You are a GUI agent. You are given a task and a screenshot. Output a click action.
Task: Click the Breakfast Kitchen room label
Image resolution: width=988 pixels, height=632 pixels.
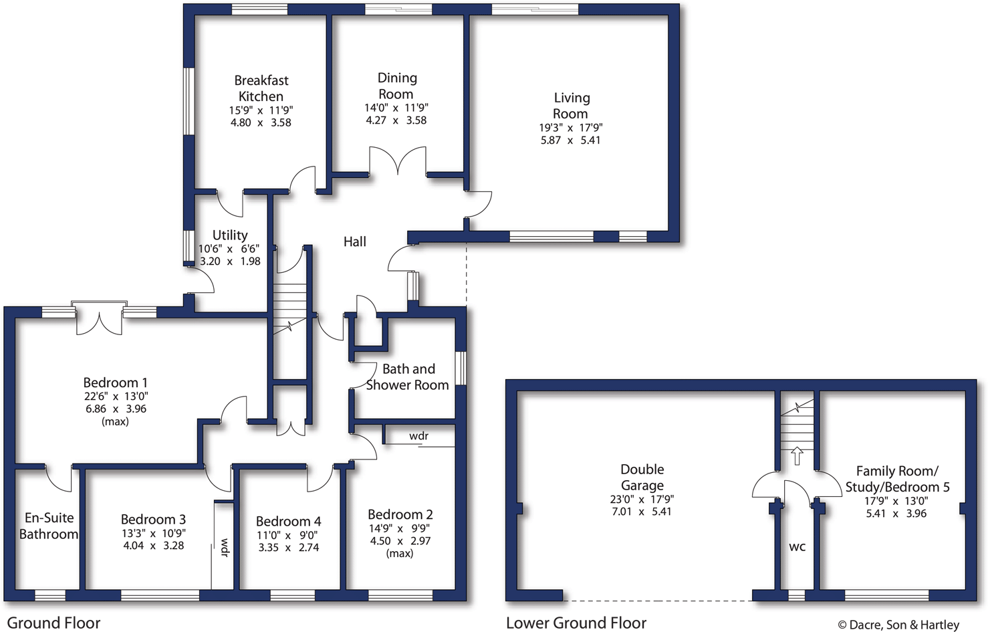[261, 88]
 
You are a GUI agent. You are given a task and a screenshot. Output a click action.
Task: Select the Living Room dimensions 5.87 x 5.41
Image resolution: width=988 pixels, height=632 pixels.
[570, 140]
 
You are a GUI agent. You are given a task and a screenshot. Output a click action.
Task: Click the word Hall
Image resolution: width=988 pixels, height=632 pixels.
[355, 241]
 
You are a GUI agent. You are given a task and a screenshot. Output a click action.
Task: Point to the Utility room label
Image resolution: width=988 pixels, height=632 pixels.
[230, 235]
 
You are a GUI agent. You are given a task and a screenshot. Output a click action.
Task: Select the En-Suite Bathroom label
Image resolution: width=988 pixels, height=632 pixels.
[49, 526]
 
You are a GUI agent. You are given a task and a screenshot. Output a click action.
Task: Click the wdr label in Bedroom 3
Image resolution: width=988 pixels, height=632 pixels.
[225, 547]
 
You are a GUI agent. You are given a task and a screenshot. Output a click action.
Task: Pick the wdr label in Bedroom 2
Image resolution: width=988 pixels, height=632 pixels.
[419, 436]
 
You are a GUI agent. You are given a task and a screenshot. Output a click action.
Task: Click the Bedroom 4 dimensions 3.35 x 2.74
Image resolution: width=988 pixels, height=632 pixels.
[288, 548]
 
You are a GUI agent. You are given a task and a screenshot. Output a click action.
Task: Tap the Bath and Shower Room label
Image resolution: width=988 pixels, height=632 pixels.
[408, 377]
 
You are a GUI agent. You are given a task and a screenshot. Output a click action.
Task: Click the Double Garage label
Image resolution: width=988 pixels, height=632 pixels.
[642, 477]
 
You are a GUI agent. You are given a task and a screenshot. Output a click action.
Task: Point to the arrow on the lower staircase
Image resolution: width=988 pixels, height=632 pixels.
[797, 456]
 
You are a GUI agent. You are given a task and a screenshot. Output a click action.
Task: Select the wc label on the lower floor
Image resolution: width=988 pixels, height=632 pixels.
[797, 546]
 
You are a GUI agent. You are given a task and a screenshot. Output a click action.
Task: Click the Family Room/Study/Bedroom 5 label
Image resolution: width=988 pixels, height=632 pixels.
[897, 479]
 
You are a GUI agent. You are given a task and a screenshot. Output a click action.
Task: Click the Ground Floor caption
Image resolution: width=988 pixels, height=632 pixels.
[53, 623]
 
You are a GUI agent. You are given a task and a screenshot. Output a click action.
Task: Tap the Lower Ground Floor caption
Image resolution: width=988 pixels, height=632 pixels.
[576, 623]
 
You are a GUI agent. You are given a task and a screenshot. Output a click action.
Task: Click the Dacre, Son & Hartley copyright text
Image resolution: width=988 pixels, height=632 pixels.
[898, 625]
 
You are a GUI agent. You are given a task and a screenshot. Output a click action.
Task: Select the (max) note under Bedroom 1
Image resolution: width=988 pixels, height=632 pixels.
[115, 421]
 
